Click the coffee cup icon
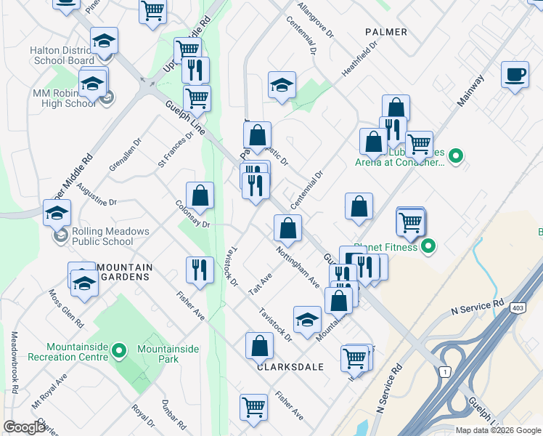coord(515,74)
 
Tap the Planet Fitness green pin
coord(428,247)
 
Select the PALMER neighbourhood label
coord(382,32)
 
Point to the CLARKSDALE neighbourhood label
coord(290,367)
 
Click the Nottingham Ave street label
coord(298,267)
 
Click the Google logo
coord(24,427)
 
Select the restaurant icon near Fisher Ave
coord(199,270)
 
